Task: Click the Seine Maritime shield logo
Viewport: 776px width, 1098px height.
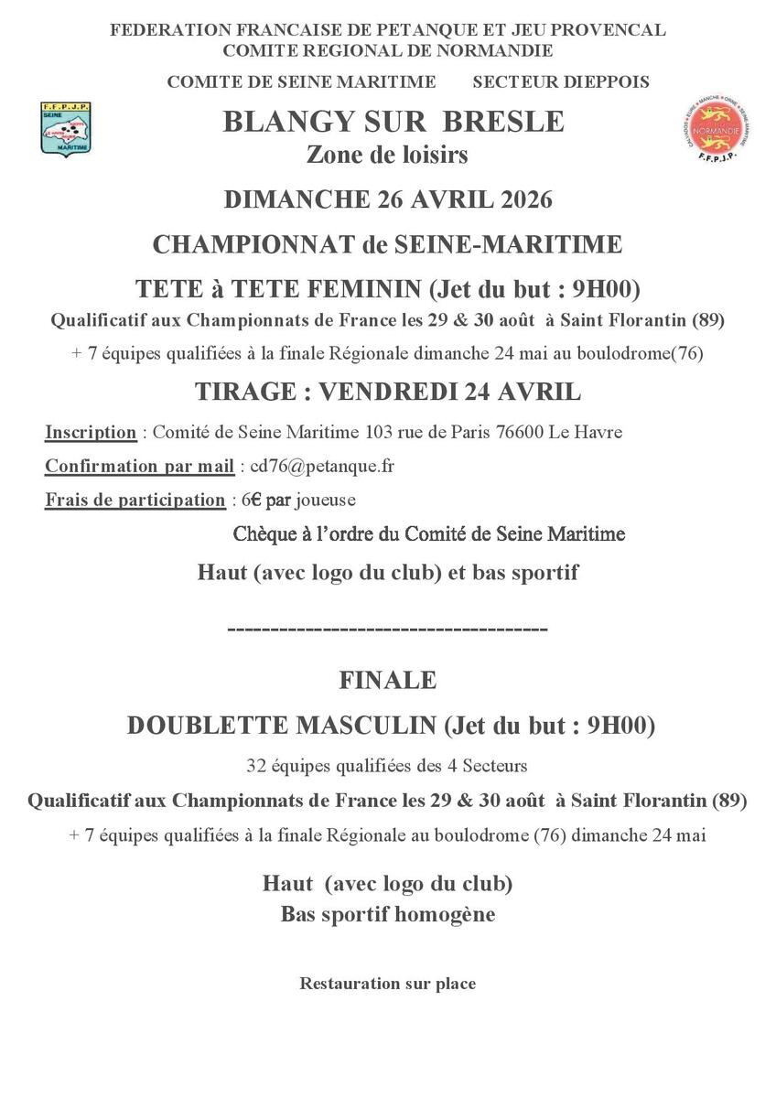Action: point(67,127)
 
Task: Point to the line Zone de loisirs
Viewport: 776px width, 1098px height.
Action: point(387,155)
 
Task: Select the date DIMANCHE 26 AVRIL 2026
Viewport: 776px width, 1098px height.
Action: point(388,199)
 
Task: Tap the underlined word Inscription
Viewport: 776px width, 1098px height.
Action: point(91,432)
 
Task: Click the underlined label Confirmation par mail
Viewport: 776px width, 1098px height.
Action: point(139,466)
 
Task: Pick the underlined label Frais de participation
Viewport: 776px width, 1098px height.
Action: point(135,500)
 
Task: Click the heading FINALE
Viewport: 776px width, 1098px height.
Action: point(387,680)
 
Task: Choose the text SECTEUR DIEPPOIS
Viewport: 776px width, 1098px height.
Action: point(560,82)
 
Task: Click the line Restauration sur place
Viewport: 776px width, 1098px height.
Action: point(387,985)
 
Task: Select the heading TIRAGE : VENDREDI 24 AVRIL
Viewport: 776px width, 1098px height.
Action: point(387,392)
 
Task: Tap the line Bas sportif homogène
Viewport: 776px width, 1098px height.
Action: point(387,914)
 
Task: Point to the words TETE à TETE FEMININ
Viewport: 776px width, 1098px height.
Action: point(278,289)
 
